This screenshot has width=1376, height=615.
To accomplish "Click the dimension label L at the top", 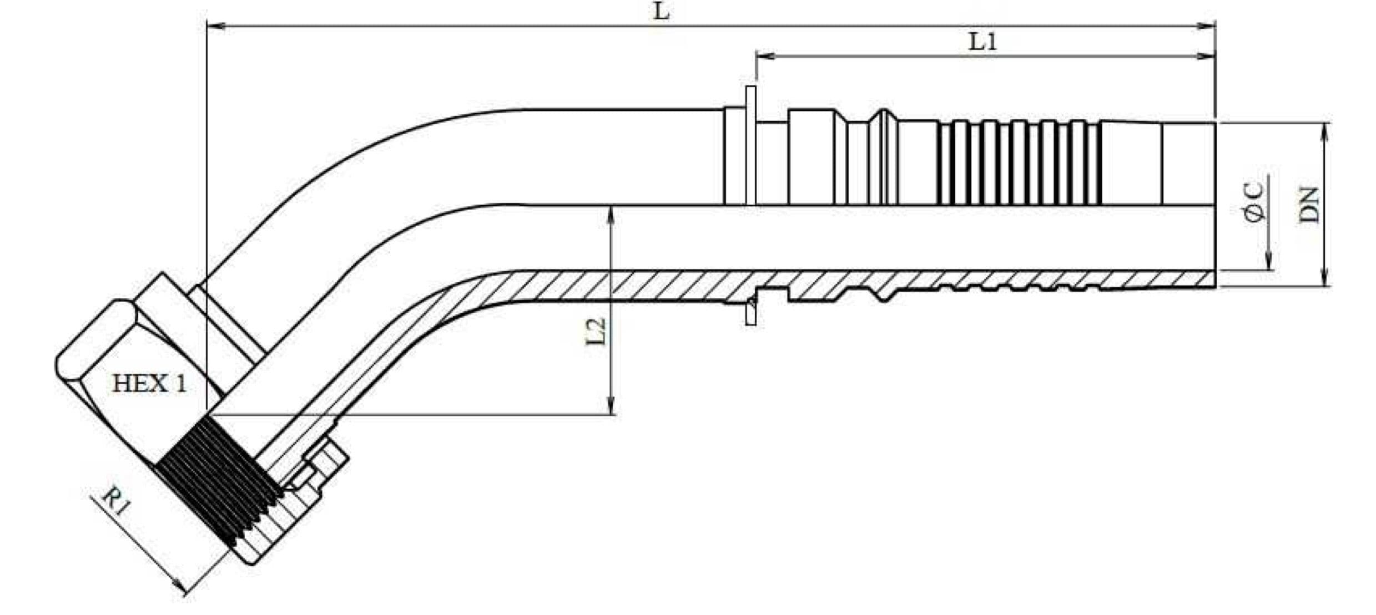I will click(661, 11).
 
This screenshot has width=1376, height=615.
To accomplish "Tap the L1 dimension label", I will click(982, 42).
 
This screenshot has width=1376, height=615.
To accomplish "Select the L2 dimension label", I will click(596, 331).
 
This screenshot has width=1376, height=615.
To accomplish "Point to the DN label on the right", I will click(1309, 205).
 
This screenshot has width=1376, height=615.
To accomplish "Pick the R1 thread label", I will click(115, 501).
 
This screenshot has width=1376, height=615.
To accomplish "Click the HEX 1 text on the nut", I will click(149, 384).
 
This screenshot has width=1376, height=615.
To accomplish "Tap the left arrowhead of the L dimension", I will click(215, 26).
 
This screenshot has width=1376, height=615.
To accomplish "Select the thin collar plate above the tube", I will click(750, 144).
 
